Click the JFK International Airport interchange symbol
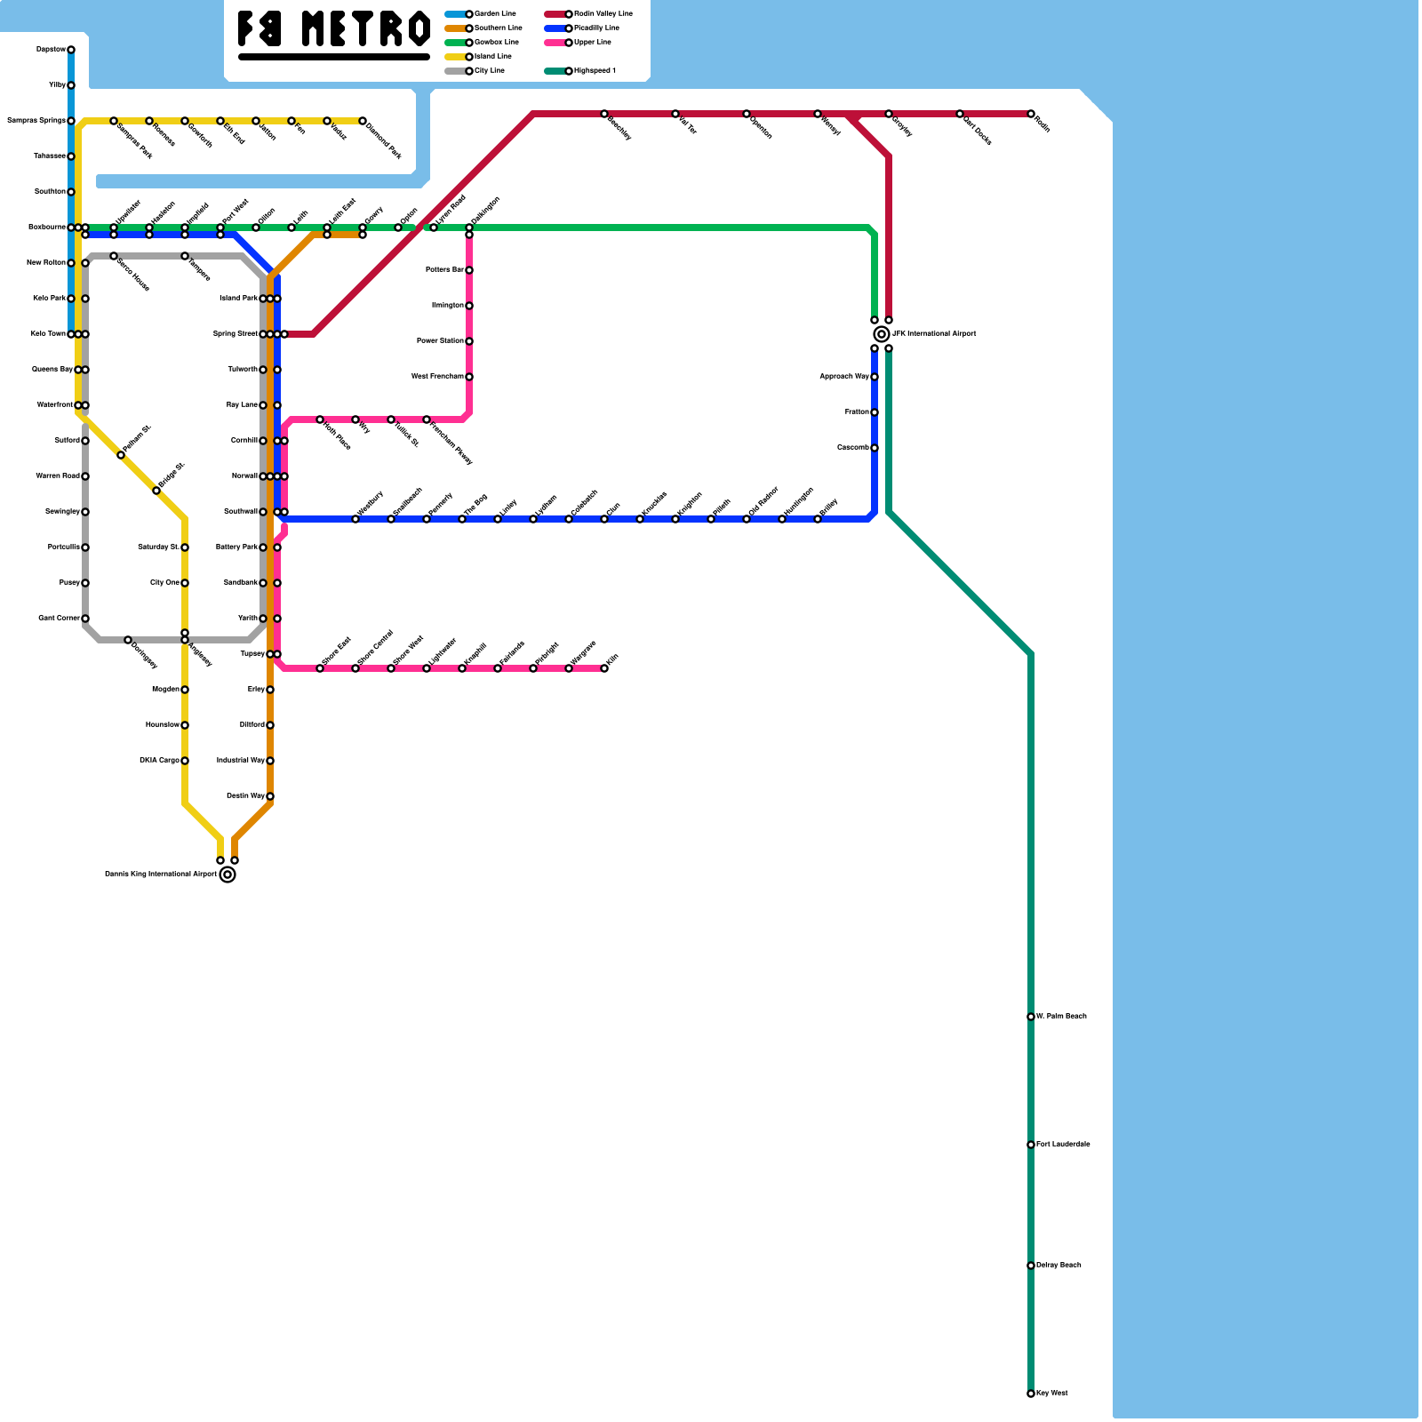coord(882,334)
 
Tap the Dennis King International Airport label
coord(160,875)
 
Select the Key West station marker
coord(1031,1394)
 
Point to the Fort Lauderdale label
coord(1063,1145)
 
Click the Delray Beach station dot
coord(1031,1266)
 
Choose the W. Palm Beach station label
coord(1061,1017)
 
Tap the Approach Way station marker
coord(875,377)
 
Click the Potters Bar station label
coord(444,270)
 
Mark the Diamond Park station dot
coord(363,121)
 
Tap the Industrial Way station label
coord(240,761)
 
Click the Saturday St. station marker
coord(185,547)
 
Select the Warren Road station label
coord(58,476)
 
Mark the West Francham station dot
coord(469,377)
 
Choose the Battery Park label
coord(236,547)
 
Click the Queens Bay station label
coord(52,370)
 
